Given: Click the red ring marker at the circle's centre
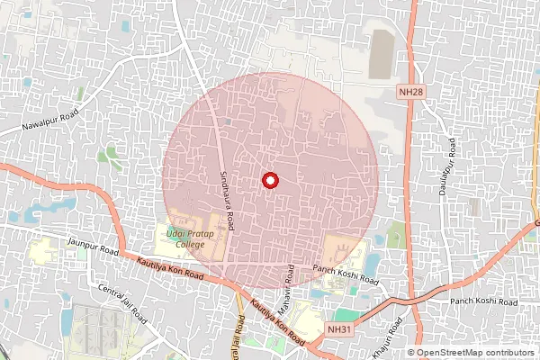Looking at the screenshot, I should pos(269,181).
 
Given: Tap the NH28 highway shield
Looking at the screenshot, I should pos(410,92).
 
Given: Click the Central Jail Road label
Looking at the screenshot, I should pos(123,304).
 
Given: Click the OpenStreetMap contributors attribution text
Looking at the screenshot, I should pos(474,353).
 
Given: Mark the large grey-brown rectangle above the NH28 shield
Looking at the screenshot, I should pos(382,54).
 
